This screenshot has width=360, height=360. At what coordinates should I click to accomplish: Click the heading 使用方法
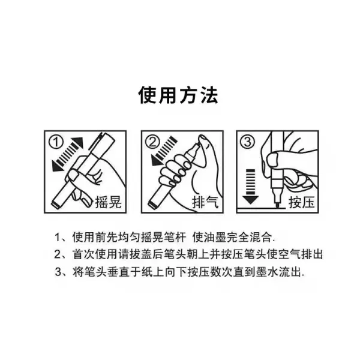(x=178, y=95)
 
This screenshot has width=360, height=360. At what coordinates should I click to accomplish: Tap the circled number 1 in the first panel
(x=56, y=142)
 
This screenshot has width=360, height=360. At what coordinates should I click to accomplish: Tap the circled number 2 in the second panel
(x=152, y=142)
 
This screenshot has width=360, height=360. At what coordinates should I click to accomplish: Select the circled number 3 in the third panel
(x=247, y=142)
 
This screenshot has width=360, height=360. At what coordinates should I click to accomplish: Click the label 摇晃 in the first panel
(x=108, y=203)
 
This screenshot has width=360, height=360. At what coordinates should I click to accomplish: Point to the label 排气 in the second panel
(x=205, y=203)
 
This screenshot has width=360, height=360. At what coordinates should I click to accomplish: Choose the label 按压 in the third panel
(x=301, y=203)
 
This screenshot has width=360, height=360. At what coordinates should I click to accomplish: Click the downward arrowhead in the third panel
(x=250, y=200)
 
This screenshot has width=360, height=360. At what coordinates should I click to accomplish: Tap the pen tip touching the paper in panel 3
(x=277, y=205)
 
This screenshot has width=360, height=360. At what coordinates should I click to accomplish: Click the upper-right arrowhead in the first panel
(x=78, y=142)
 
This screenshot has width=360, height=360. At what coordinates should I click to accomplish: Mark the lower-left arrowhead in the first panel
(x=58, y=166)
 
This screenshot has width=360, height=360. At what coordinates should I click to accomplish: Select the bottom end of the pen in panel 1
(x=55, y=203)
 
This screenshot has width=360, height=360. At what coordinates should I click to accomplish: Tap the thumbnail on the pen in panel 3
(x=273, y=160)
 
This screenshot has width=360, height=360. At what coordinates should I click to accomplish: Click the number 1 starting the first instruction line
(x=58, y=238)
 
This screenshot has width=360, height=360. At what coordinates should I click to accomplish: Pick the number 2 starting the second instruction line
(x=58, y=254)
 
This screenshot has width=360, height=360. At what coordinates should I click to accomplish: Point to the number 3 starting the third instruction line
(x=58, y=272)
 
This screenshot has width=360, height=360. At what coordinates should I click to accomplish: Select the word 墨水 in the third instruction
(x=267, y=272)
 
